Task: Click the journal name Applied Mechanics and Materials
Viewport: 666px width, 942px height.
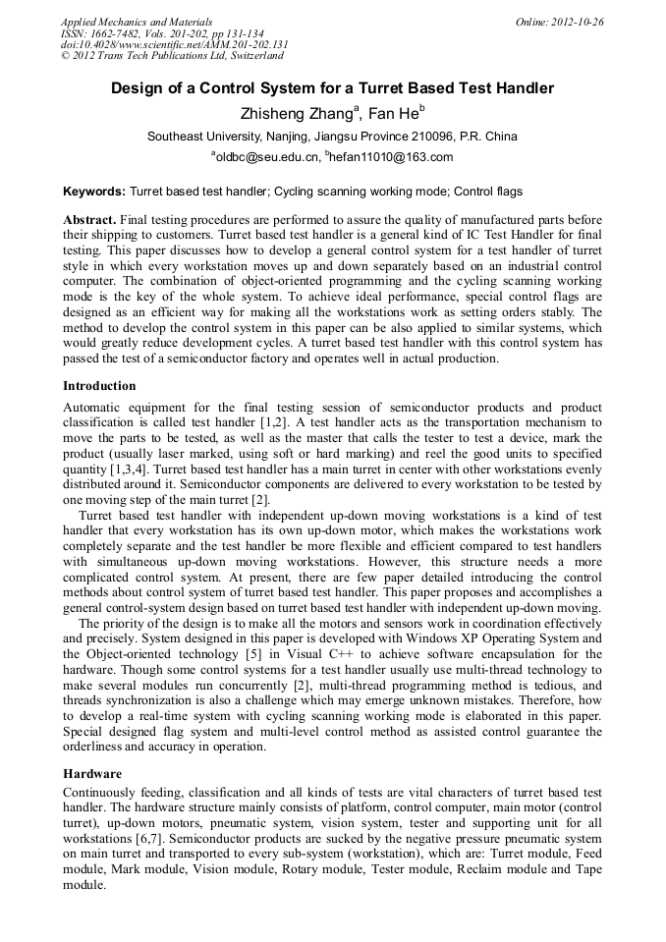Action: click(136, 22)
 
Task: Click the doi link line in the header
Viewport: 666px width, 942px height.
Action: click(174, 44)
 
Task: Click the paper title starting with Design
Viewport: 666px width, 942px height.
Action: click(332, 88)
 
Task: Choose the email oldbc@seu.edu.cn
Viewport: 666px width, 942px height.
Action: click(267, 157)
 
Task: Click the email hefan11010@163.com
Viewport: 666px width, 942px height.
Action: click(391, 157)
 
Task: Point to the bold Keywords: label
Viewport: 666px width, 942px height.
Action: click(94, 192)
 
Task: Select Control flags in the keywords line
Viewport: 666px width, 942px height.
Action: click(488, 192)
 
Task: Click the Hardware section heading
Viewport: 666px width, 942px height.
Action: click(92, 774)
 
